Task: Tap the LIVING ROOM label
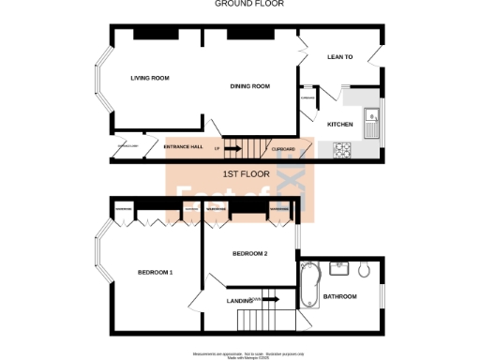[150, 78]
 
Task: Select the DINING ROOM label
[250, 86]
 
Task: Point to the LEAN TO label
[339, 57]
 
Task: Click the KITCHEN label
[338, 124]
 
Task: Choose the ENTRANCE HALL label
[184, 148]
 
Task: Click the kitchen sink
[371, 118]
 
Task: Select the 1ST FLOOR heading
[246, 174]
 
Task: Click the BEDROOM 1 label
[156, 272]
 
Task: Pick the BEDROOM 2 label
[250, 253]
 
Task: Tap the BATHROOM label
[339, 296]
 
